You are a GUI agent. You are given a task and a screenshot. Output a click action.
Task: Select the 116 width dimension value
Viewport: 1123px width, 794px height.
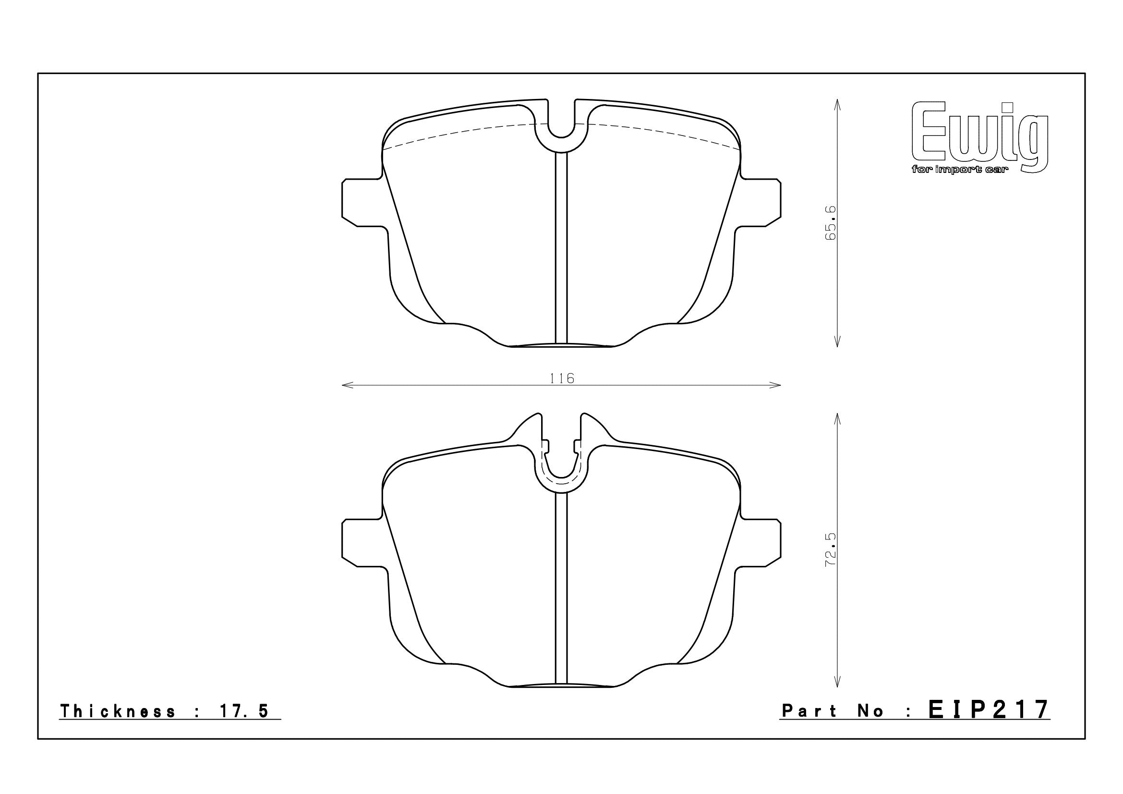pos(562,378)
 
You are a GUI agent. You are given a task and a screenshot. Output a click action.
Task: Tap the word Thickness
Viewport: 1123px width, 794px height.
pos(117,711)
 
